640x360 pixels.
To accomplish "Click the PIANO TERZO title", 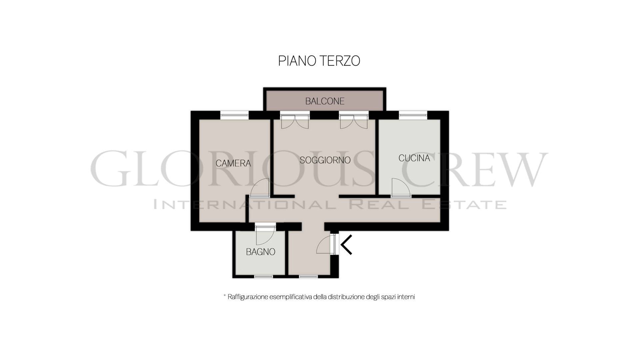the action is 319,61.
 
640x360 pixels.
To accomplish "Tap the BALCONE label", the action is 325,101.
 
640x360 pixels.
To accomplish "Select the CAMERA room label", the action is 233,163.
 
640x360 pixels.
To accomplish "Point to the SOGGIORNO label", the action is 325,160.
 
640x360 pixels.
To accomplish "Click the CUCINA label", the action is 414,158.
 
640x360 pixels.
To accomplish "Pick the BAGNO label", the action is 260,252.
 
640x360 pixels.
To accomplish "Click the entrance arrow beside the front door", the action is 346,245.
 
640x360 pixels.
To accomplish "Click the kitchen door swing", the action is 401,188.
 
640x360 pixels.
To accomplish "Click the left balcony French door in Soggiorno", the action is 295,122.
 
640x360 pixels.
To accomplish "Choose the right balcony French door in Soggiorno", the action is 354,122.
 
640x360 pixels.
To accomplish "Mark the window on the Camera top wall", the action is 234,115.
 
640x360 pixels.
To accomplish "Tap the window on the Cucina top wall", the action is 413,115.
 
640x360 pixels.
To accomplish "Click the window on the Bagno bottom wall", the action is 263,276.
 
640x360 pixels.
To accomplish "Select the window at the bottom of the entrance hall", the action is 308,276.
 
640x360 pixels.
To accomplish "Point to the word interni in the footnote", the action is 406,297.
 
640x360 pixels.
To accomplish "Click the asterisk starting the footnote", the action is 225,295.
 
